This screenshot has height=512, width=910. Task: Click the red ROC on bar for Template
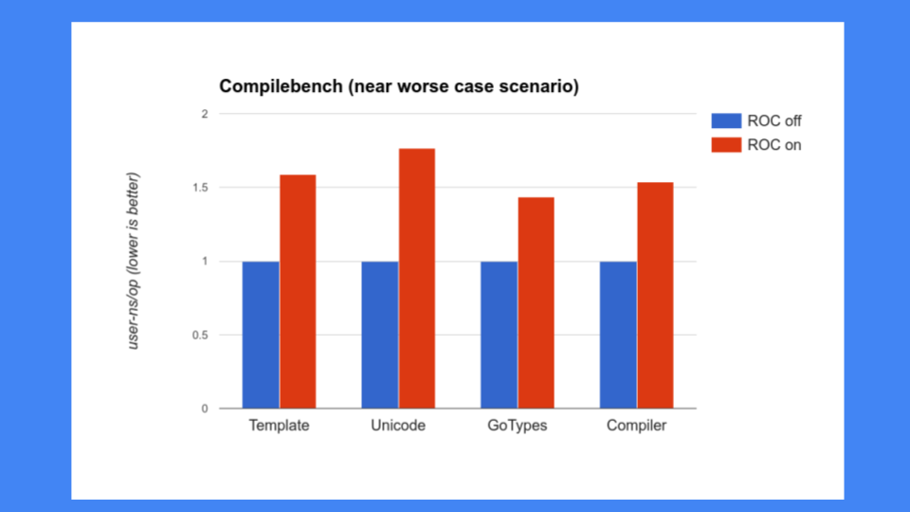[298, 291]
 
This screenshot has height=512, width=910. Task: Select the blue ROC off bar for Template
[261, 335]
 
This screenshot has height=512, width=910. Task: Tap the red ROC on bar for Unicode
[416, 278]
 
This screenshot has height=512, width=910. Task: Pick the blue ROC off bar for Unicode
[379, 335]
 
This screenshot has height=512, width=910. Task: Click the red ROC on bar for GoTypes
[536, 302]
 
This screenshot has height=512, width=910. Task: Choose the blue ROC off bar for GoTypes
[499, 335]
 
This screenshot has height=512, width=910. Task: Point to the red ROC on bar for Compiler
[655, 295]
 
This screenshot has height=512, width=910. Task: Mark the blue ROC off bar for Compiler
[618, 335]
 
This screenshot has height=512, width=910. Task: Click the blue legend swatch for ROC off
[726, 121]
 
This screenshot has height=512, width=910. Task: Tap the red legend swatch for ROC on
[726, 145]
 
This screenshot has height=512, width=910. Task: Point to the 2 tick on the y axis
[204, 114]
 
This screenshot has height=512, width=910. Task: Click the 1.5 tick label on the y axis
[198, 188]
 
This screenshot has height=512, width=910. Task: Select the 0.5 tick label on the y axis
[198, 335]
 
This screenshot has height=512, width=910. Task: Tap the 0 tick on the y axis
[204, 409]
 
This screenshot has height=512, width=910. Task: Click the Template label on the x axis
[279, 426]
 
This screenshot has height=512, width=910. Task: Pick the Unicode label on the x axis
[398, 426]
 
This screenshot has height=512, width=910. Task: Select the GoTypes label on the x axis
[518, 426]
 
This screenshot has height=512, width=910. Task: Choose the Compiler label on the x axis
[636, 426]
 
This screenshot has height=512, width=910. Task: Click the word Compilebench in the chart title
[280, 87]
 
